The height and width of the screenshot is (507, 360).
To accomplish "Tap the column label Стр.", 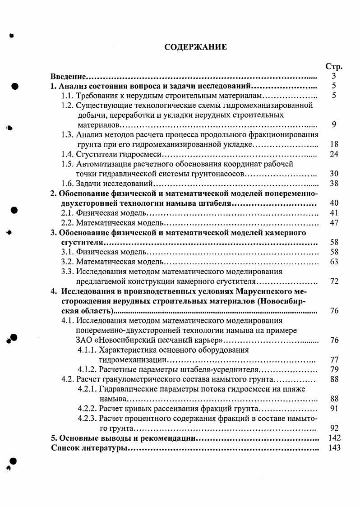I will pyautogui.click(x=333, y=66).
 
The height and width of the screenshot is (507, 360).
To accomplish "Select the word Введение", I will pyautogui.click(x=69, y=77).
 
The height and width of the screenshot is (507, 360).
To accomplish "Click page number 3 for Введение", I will pyautogui.click(x=333, y=77).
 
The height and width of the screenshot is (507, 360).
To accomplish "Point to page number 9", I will pyautogui.click(x=333, y=125).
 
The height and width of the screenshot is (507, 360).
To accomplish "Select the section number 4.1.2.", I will pyautogui.click(x=87, y=369).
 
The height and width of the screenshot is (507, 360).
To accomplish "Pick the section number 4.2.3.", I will pyautogui.click(x=87, y=419).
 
